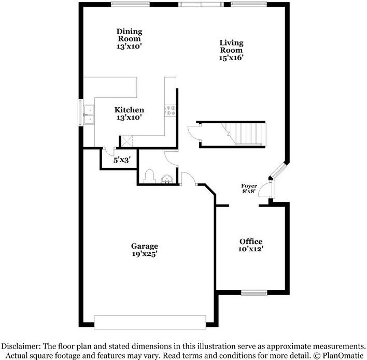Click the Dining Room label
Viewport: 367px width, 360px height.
129,35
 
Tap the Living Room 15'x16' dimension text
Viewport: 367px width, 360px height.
232,57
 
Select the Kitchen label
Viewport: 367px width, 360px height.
129,110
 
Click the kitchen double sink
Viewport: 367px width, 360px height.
89,114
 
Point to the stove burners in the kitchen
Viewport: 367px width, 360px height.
171,110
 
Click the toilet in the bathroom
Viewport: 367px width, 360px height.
149,177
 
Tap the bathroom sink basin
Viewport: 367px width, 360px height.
167,179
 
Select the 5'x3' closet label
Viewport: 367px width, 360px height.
122,160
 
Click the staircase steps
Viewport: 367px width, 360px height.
244,135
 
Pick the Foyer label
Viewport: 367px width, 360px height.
249,186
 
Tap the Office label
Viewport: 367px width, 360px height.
251,241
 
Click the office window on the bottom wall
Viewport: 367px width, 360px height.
254,293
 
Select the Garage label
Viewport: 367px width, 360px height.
145,246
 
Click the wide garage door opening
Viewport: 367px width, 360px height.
150,322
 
